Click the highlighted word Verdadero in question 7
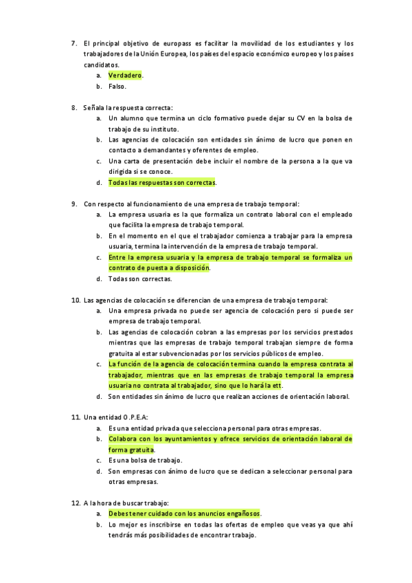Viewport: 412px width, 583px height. click(124, 75)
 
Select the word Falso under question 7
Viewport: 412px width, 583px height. click(117, 87)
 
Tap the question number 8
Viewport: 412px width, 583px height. click(74, 108)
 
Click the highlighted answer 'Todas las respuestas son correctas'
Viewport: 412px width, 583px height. click(161, 183)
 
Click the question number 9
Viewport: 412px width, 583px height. click(74, 204)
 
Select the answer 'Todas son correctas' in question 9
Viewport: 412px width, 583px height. click(140, 279)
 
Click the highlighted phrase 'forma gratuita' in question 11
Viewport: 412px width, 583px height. click(131, 450)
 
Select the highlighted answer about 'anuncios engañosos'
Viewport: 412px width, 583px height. click(184, 514)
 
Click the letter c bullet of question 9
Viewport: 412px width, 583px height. click(100, 258)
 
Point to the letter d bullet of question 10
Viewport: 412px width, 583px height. click(100, 397)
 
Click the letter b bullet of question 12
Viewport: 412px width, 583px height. click(100, 525)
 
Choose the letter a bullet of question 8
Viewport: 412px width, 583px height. click(100, 118)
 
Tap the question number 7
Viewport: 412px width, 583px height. click(74, 43)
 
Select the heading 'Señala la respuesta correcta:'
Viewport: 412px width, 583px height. click(128, 108)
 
